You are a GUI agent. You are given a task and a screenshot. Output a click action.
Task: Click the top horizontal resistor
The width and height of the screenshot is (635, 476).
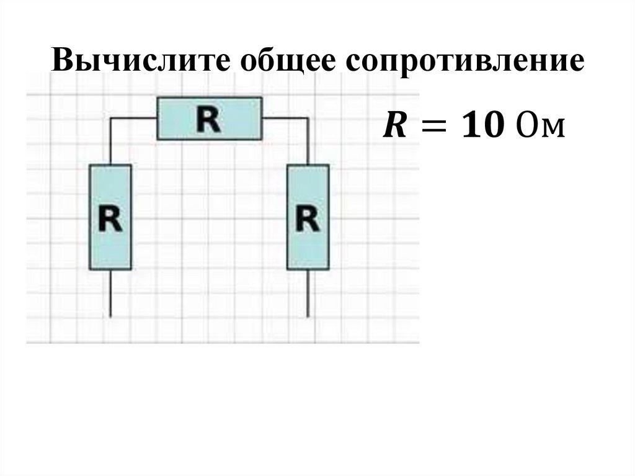pyautogui.click(x=209, y=118)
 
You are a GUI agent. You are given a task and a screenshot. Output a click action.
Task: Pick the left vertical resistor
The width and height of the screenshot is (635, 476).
pyautogui.click(x=110, y=217)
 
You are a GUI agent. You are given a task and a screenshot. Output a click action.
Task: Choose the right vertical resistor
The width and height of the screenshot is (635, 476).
pyautogui.click(x=308, y=217)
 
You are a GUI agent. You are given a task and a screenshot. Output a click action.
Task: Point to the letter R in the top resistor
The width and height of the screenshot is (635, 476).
pyautogui.click(x=209, y=119)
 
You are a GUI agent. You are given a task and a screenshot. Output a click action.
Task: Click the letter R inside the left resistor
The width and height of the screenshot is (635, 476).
pyautogui.click(x=110, y=218)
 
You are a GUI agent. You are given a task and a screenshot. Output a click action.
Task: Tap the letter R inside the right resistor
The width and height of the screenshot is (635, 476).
pyautogui.click(x=308, y=218)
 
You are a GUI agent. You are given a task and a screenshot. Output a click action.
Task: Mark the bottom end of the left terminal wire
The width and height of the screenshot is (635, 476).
pyautogui.click(x=110, y=316)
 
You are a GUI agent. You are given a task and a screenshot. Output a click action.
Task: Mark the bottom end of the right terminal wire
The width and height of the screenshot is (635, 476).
pyautogui.click(x=308, y=316)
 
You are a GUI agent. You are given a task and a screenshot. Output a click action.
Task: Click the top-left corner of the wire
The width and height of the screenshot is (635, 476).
pyautogui.click(x=111, y=118)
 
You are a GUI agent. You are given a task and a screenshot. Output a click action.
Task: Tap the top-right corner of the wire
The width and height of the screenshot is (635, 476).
pyautogui.click(x=308, y=118)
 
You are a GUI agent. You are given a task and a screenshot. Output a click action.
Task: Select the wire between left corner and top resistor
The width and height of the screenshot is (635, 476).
pyautogui.click(x=133, y=118)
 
